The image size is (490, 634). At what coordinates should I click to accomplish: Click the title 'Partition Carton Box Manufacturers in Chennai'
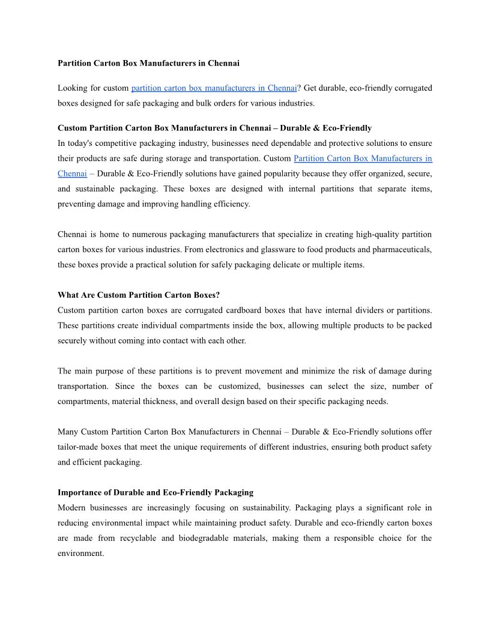point(148,63)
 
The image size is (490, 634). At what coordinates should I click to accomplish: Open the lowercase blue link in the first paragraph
point(214,88)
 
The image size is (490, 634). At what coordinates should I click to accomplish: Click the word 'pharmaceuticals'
point(401,249)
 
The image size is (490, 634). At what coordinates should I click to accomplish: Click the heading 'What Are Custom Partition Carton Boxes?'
point(139,295)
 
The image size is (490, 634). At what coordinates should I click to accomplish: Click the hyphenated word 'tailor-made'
point(78,447)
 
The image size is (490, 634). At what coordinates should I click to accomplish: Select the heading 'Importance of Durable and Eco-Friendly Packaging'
point(156,493)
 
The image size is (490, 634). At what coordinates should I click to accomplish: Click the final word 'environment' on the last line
point(80,554)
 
